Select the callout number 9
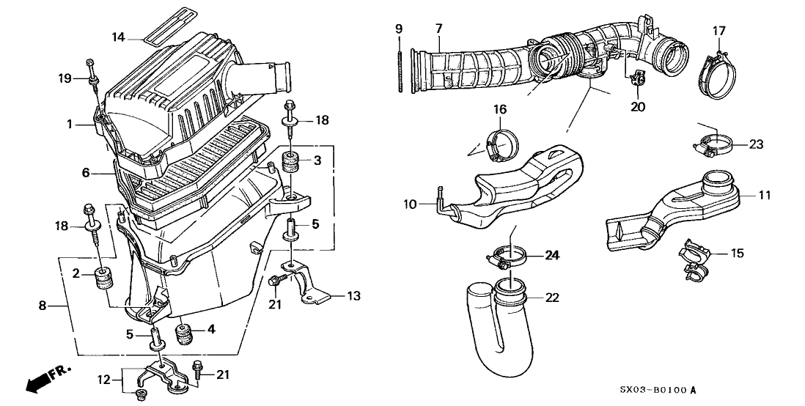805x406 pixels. [399, 29]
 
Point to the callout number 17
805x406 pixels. [719, 30]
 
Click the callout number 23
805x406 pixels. [757, 145]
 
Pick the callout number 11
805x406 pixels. [765, 196]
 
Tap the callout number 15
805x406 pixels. [737, 254]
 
